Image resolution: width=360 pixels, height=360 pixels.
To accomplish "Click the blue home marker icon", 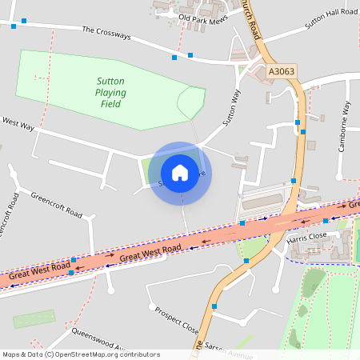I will tap(180, 172).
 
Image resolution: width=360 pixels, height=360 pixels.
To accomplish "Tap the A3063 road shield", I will tap(281, 71).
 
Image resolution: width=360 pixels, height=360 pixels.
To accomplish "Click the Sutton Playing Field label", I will tap(110, 92).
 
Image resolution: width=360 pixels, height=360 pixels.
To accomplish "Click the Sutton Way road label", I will tap(231, 107).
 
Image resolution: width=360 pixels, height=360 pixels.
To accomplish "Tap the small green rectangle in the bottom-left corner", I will tap(34, 319).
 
